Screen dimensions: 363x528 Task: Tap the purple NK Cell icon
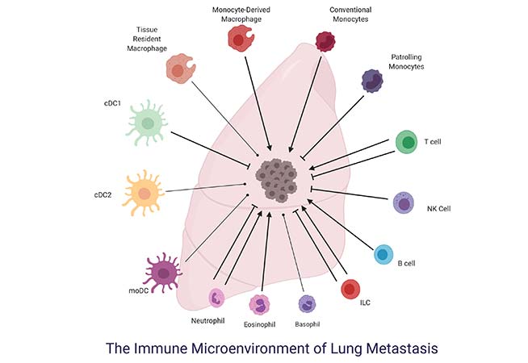404,202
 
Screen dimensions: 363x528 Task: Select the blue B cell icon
385,254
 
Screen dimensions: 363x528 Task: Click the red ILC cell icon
350,289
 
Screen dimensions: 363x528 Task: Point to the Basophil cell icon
308,303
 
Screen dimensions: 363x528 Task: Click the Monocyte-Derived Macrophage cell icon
239,37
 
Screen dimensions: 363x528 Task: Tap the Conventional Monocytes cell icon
325,41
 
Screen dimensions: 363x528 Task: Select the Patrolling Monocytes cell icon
371,81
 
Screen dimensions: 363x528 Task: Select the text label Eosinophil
259,325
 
